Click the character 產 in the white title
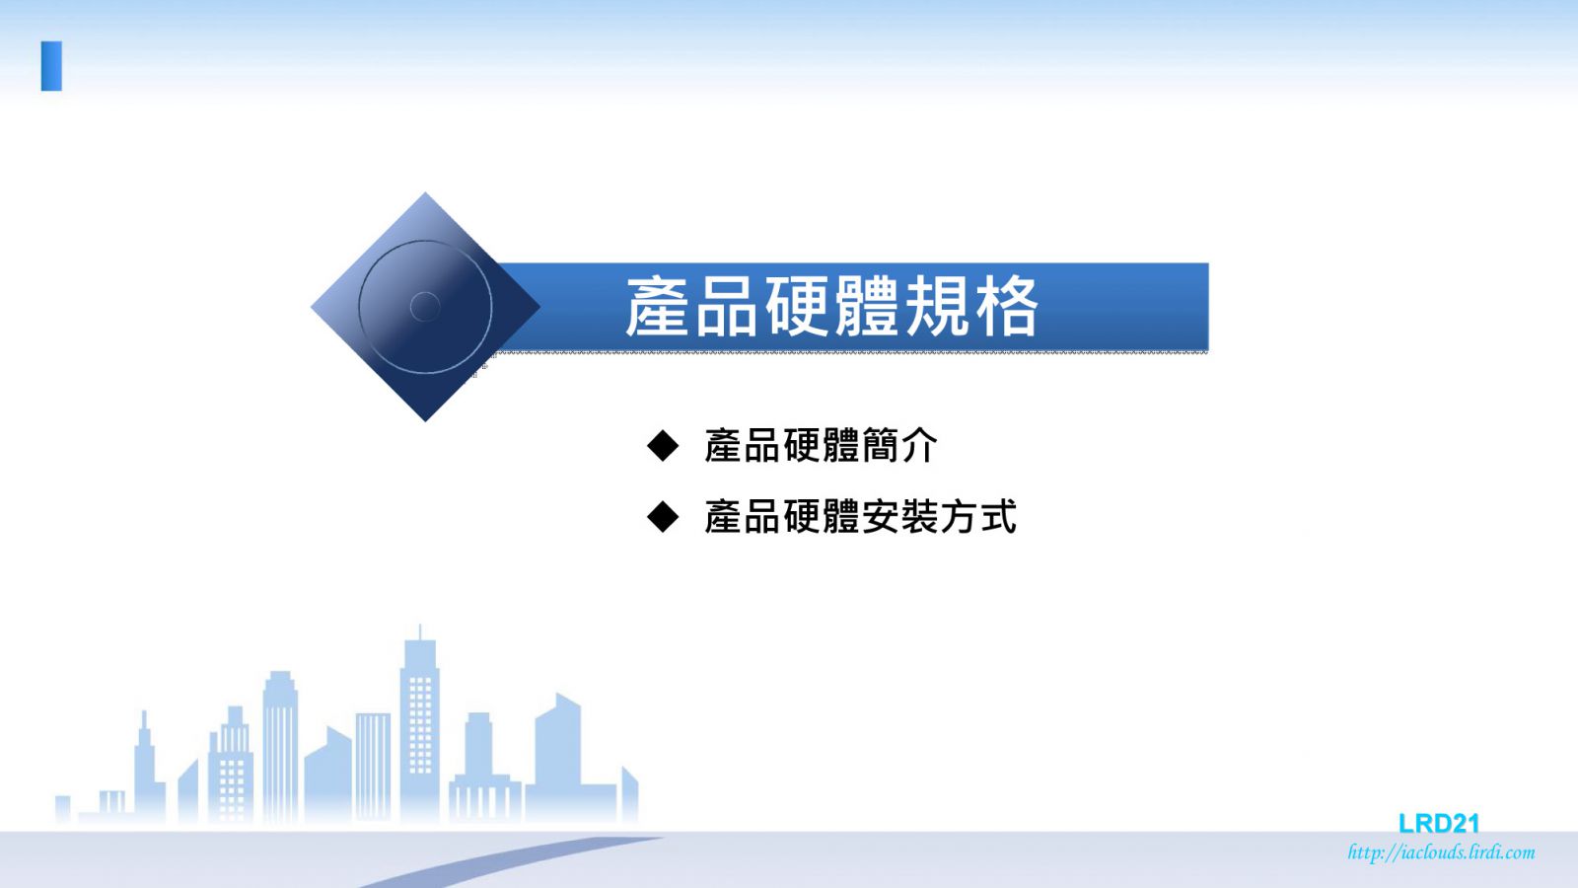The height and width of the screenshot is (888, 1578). coord(657,307)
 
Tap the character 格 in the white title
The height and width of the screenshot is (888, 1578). coord(1007,307)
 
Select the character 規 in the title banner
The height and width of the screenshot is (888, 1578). coord(937,307)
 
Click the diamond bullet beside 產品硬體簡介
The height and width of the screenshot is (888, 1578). coord(662,445)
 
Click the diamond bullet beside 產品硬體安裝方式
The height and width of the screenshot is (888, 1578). coord(662,517)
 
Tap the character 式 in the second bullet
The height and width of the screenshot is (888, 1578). coord(998,517)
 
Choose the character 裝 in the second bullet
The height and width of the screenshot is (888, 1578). coord(919,517)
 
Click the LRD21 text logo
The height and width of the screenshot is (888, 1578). coord(1439,823)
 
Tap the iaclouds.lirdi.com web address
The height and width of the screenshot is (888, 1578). coord(1441,852)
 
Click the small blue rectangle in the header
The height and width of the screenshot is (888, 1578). coord(51,66)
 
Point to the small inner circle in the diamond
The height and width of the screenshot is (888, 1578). coord(425,307)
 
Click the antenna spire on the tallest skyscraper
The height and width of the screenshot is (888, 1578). coord(420,632)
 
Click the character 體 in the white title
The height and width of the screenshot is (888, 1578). coord(867,307)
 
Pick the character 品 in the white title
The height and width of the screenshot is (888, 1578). coord(727,307)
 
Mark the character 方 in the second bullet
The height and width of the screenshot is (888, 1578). coord(959,517)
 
